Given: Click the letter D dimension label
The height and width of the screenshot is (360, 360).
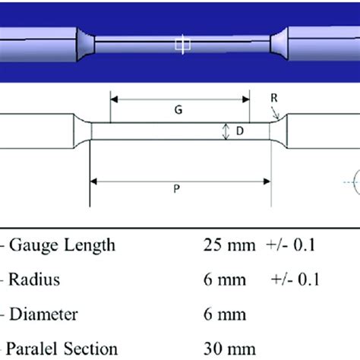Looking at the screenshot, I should point(238,132).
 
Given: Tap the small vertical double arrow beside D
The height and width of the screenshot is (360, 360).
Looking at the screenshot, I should point(226,132).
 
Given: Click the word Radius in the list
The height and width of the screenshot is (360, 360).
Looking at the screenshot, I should point(33,279).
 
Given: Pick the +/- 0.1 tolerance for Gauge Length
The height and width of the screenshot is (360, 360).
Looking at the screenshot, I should point(293,245).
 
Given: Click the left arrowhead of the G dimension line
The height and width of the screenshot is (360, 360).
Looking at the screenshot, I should point(115,97).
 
